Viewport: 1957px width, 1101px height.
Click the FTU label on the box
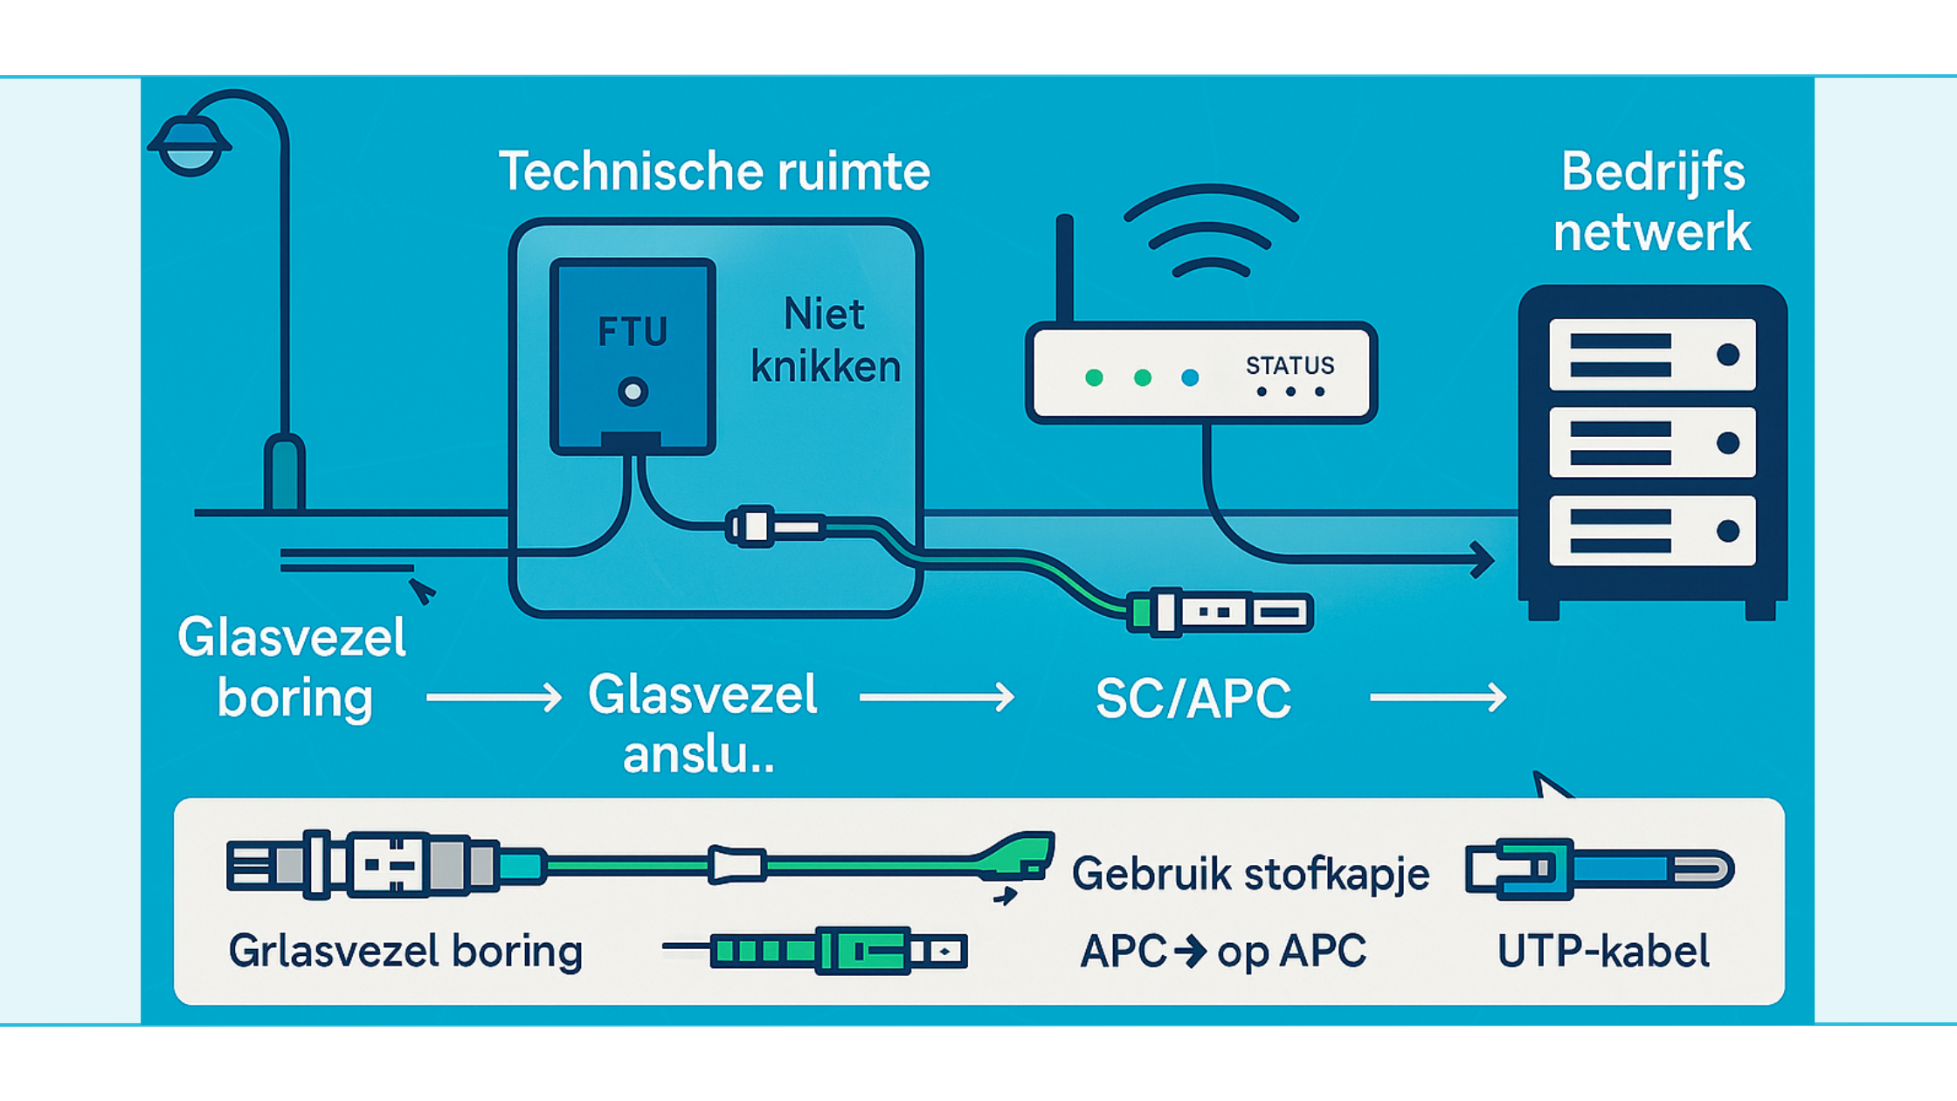pos(633,332)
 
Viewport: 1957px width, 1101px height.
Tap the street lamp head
pos(190,145)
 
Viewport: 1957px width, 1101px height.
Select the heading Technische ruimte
pos(714,171)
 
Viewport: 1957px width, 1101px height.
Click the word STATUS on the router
pos(1290,365)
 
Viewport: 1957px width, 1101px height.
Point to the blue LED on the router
pos(1190,377)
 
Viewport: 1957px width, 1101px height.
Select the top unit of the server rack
pos(1651,355)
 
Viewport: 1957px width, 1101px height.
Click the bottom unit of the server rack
pos(1651,531)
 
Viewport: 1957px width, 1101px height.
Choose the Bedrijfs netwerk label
pos(1651,202)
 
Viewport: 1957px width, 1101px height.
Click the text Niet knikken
pos(825,341)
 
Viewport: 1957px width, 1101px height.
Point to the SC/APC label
pos(1193,699)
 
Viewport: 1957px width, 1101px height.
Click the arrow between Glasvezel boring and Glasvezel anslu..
pos(494,697)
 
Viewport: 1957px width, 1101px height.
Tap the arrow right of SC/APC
pos(1438,697)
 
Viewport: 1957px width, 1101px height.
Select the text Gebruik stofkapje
pos(1250,874)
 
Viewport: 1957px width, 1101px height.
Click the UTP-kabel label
pos(1603,952)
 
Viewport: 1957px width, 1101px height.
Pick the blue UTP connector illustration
pos(1599,869)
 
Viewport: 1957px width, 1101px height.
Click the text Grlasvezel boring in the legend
pos(405,952)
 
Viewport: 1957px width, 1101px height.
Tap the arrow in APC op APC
pos(1191,951)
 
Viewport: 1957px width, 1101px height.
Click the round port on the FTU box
pos(633,391)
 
